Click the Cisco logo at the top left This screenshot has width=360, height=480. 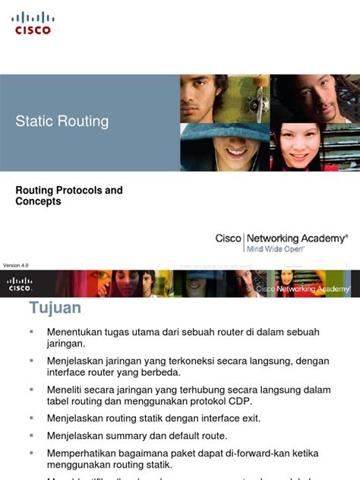coord(33,23)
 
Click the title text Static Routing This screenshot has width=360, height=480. coord(62,122)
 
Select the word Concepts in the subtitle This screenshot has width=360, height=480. coord(38,202)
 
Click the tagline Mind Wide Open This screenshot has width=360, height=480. coord(273,248)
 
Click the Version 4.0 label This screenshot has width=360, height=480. coord(16,265)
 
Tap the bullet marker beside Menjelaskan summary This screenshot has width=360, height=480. coord(32,435)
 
